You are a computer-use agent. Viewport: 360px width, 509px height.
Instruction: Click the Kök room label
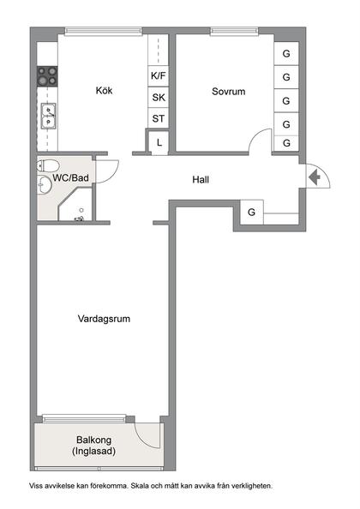click(105, 91)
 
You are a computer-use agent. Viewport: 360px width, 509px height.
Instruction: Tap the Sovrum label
click(229, 91)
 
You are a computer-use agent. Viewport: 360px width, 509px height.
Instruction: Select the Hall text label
click(201, 180)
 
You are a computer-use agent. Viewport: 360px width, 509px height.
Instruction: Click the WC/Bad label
click(71, 177)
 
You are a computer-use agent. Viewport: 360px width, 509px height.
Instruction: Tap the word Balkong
click(94, 440)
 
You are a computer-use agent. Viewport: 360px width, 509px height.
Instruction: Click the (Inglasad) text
click(94, 452)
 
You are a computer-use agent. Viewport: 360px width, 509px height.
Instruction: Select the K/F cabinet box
click(159, 76)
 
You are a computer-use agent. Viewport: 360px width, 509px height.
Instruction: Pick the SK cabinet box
click(159, 97)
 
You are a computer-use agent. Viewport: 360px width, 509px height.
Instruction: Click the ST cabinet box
click(159, 118)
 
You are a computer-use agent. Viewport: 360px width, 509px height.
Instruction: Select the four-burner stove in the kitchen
click(47, 76)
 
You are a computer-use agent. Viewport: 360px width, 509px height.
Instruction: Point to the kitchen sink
click(48, 111)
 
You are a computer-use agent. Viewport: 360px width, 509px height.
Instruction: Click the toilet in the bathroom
click(48, 165)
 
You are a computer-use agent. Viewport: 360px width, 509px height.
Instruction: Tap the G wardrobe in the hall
click(252, 212)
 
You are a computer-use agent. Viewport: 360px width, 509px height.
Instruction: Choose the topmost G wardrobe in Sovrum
click(286, 54)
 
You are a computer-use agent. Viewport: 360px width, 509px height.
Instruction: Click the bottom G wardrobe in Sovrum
click(286, 143)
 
